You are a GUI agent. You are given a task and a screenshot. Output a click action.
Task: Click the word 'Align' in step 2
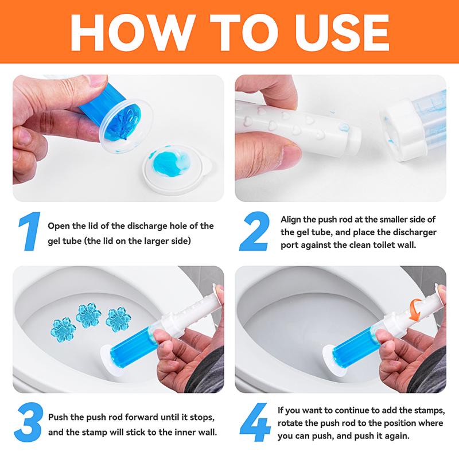pos(291,219)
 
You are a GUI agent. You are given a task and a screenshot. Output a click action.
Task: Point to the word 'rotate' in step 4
pos(291,423)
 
